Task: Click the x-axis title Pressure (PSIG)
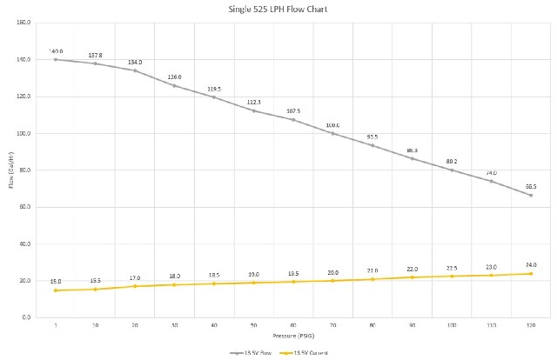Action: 293,334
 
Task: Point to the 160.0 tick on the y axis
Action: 23,23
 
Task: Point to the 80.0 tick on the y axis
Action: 24,170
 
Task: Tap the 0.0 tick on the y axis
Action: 26,317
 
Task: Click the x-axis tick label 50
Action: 254,324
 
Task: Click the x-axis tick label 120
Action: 531,324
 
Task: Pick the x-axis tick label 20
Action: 135,324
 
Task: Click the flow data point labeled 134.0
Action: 135,70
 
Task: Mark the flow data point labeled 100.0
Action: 333,133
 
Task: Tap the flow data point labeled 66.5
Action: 531,195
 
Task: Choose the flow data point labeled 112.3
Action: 254,110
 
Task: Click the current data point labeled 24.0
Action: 531,273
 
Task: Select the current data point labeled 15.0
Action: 56,290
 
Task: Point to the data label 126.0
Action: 175,77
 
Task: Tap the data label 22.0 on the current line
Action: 413,269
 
